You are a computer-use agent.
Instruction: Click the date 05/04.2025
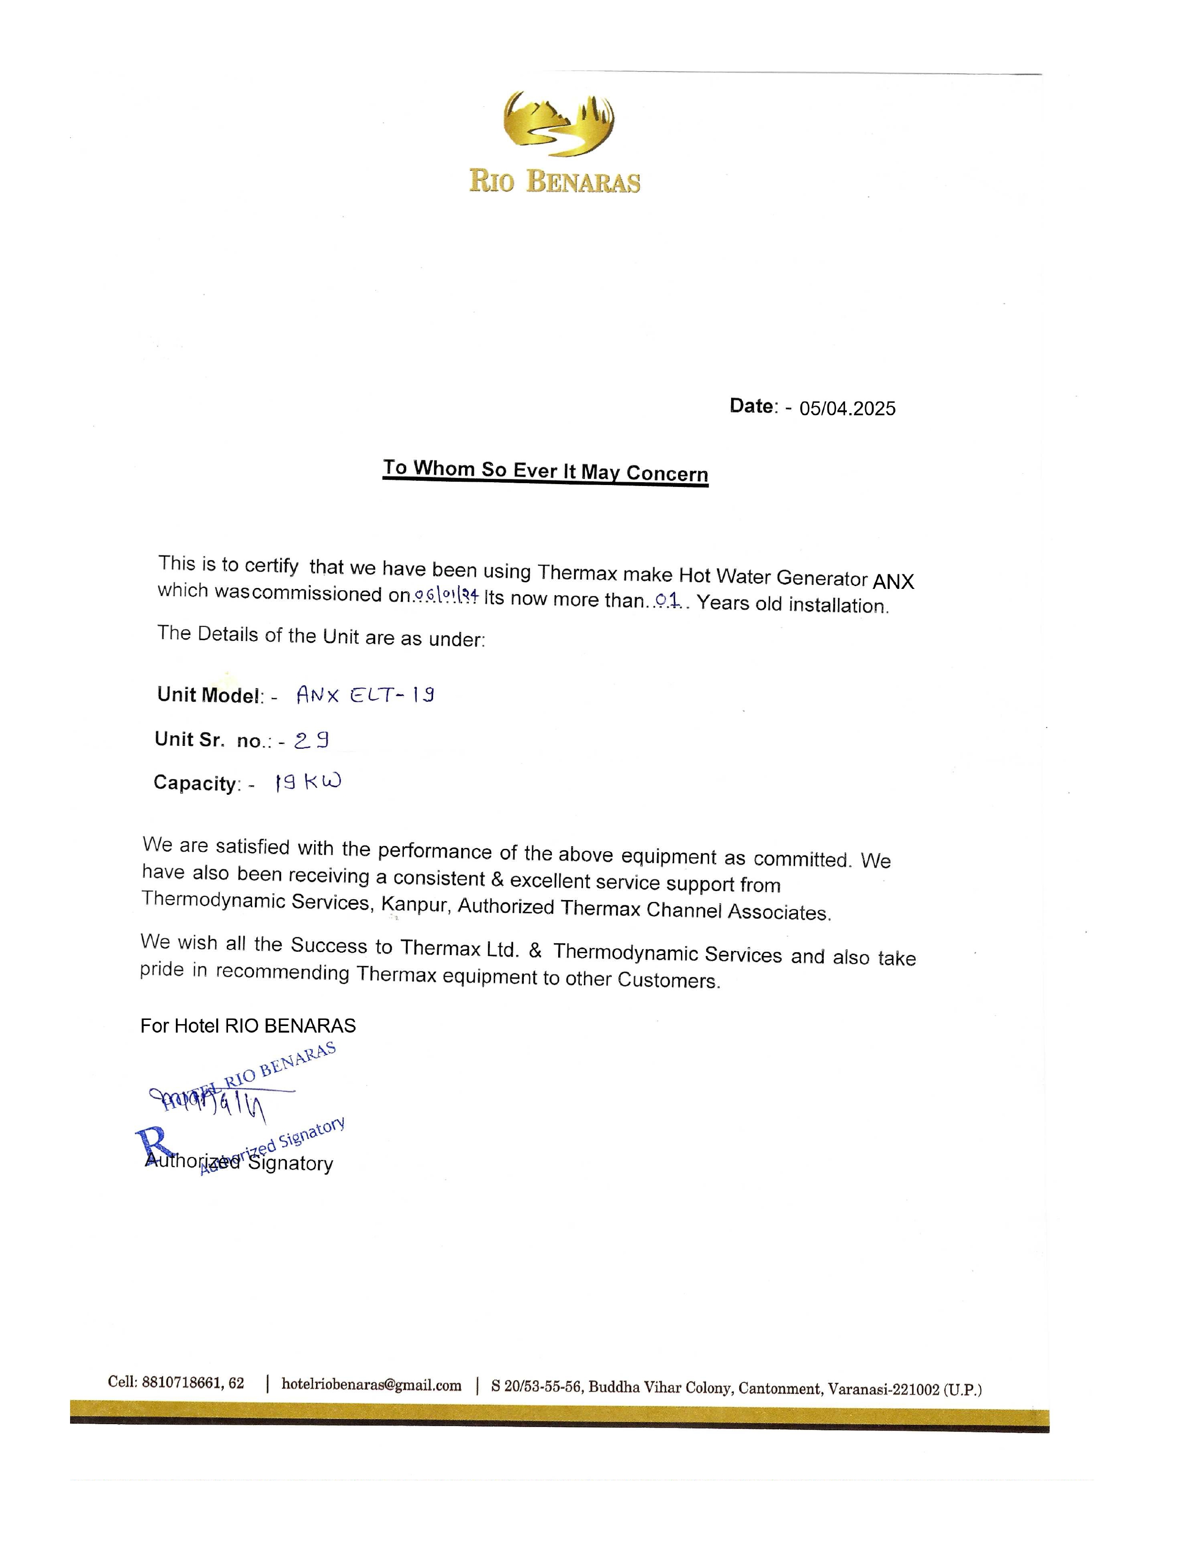(847, 408)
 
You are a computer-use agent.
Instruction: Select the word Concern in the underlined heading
(667, 474)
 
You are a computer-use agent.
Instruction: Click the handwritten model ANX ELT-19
(365, 695)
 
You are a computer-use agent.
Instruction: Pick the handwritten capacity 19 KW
(308, 782)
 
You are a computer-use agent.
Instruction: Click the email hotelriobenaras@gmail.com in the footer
(371, 1384)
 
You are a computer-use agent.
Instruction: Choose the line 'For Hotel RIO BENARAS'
(248, 1026)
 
